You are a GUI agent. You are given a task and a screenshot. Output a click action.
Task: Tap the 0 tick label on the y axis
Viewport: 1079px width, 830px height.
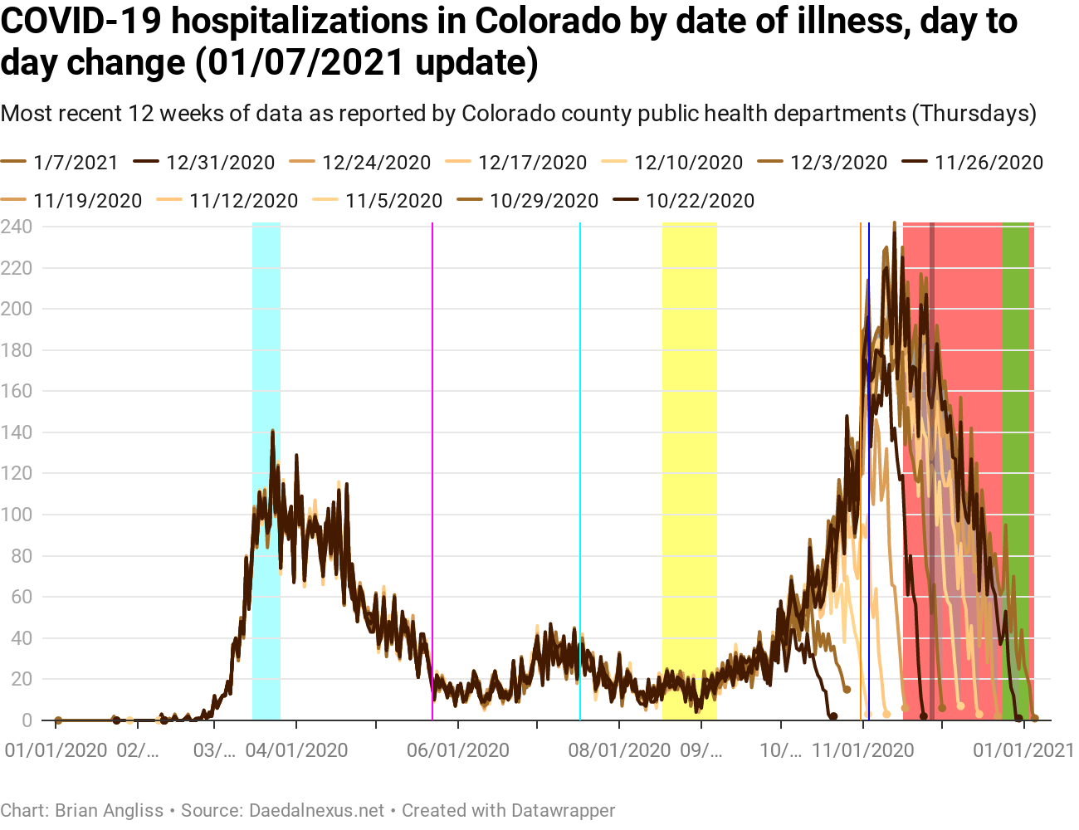tap(27, 720)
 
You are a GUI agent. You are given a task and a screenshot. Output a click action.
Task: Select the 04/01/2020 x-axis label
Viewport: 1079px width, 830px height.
tap(296, 750)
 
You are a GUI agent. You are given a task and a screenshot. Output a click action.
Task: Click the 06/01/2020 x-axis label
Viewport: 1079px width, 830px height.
tap(457, 750)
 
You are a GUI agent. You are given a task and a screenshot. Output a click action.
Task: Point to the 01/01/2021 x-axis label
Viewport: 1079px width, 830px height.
tap(1023, 750)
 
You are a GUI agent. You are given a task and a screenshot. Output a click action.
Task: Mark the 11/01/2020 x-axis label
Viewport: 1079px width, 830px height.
tap(862, 750)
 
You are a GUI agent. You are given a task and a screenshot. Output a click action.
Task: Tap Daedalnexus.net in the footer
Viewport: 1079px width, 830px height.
tap(316, 811)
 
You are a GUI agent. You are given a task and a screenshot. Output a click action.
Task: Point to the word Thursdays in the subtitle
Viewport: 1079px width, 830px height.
tap(974, 113)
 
